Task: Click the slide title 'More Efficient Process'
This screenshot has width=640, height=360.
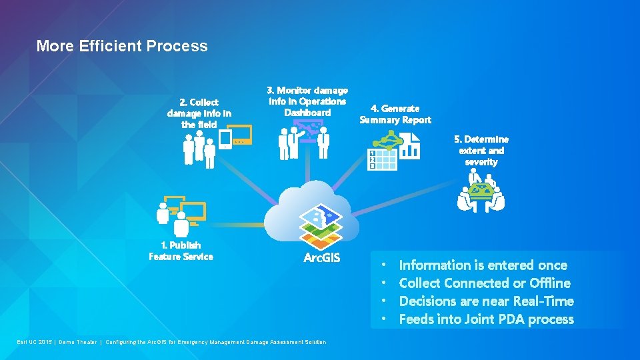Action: click(x=122, y=46)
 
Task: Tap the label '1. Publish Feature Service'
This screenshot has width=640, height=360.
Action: click(x=181, y=251)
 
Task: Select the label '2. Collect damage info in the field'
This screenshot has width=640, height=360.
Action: click(x=199, y=113)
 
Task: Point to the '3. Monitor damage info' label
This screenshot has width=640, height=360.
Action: click(x=307, y=101)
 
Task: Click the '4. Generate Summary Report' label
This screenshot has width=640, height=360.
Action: click(x=395, y=114)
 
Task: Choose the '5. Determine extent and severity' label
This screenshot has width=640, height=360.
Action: click(x=481, y=151)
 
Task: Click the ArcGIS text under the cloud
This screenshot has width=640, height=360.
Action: click(x=321, y=258)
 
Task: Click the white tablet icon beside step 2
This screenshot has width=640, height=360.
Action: click(x=225, y=139)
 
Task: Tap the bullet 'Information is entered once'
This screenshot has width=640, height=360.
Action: click(x=483, y=265)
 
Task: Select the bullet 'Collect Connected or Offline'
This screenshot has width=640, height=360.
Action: click(x=484, y=283)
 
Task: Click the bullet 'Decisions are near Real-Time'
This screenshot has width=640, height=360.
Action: click(x=486, y=301)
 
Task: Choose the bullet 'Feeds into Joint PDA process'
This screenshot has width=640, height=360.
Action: click(x=486, y=319)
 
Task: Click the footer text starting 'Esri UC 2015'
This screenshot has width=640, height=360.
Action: click(x=171, y=342)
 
